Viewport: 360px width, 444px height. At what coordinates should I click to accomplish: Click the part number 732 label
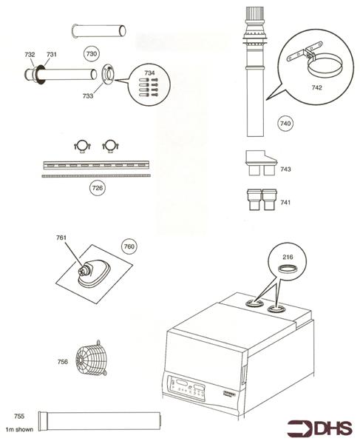click(x=30, y=55)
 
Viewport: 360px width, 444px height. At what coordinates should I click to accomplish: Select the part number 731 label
click(x=52, y=55)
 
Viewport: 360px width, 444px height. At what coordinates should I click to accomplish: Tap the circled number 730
click(x=91, y=54)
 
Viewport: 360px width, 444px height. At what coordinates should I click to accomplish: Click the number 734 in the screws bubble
click(x=149, y=73)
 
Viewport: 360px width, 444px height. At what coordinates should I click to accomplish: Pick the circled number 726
click(x=97, y=188)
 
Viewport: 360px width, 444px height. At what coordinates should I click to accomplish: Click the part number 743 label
click(x=285, y=170)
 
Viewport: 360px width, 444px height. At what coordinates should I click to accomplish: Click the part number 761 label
click(x=61, y=238)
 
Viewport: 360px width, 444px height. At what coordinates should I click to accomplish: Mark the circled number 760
click(x=129, y=246)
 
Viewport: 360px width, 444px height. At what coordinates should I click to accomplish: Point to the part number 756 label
click(x=62, y=361)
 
